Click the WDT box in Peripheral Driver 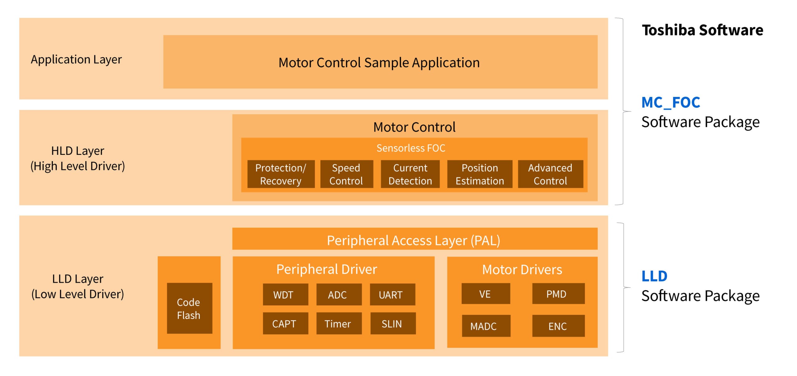(285, 294)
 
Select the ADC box (339, 294)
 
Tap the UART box (392, 294)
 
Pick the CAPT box (285, 323)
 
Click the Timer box (339, 323)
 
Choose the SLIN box (393, 323)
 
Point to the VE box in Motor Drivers (485, 293)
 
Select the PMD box (558, 293)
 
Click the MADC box (486, 326)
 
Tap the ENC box (558, 326)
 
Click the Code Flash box (189, 308)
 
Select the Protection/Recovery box (281, 174)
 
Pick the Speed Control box (346, 174)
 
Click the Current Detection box (410, 174)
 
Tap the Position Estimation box (479, 174)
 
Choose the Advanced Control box (550, 174)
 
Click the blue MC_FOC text (671, 102)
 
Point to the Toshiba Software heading (702, 30)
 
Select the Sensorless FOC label (411, 148)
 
